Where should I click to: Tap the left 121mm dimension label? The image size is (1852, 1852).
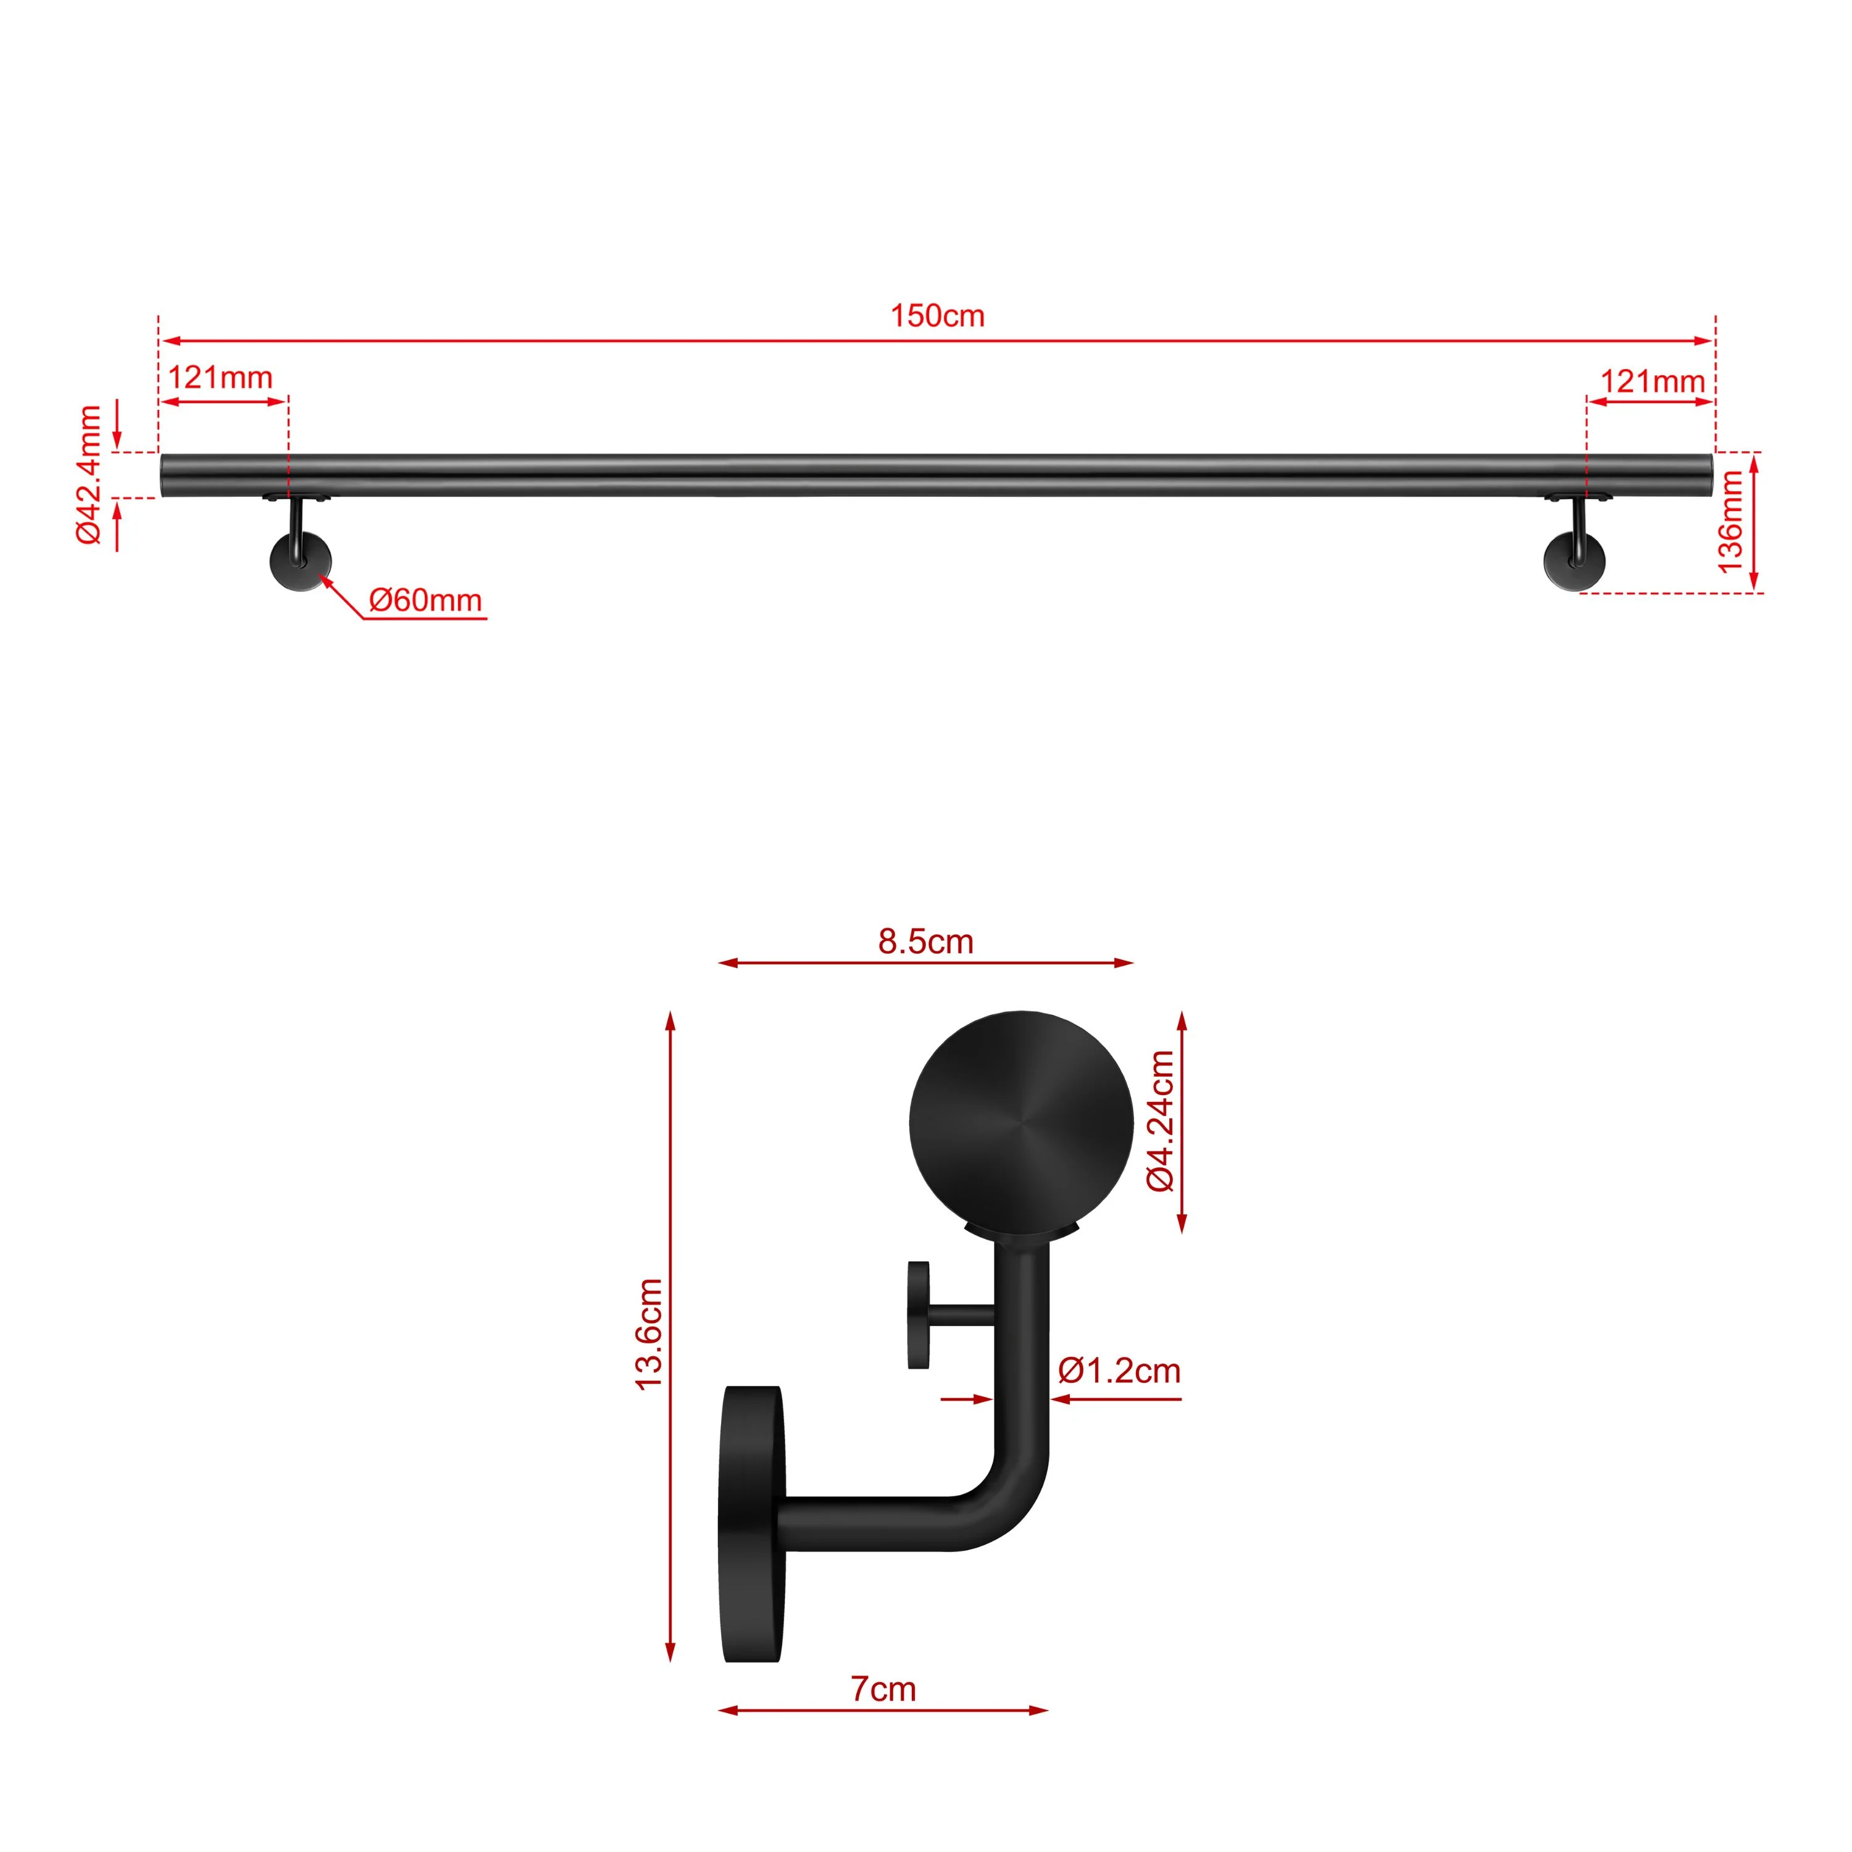click(220, 378)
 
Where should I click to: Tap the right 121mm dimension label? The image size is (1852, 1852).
click(1651, 382)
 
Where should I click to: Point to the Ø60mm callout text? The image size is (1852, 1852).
click(425, 601)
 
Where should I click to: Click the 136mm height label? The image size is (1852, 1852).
click(1730, 522)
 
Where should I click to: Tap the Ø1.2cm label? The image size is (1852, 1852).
click(1119, 1370)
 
